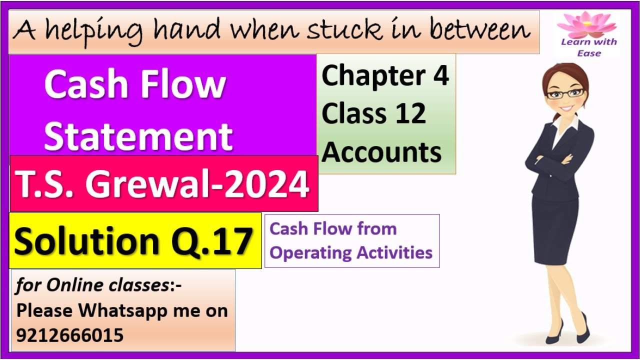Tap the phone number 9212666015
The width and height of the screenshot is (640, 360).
point(69,335)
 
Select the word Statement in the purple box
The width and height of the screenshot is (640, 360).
point(138,136)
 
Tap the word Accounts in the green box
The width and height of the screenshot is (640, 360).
point(381,151)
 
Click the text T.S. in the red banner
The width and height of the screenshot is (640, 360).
point(45,184)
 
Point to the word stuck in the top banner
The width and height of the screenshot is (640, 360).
point(339,30)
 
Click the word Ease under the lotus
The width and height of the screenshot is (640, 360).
point(588,53)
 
